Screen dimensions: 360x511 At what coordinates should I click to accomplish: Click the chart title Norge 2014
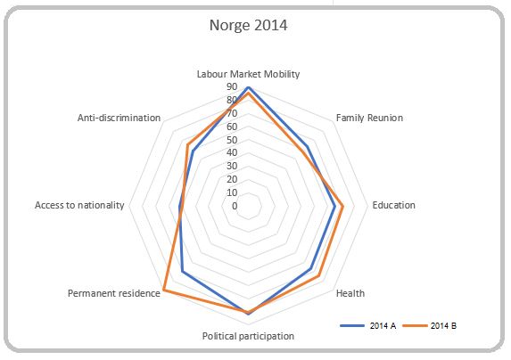pos(248,25)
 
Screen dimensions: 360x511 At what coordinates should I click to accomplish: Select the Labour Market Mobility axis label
pos(248,73)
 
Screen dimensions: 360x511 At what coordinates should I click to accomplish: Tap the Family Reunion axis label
pos(369,118)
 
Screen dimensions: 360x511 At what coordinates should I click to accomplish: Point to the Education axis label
pos(393,205)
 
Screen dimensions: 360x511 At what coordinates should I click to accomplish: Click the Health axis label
pos(350,293)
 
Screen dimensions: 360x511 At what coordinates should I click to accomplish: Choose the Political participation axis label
pos(248,336)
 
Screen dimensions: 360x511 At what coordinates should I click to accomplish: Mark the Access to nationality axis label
pos(78,205)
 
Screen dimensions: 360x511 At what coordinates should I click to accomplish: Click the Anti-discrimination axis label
pos(119,118)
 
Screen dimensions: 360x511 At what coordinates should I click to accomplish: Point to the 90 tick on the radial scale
pos(232,87)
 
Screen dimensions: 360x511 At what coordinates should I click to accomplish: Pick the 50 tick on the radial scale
pos(232,140)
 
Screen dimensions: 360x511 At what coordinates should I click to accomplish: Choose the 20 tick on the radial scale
pos(232,179)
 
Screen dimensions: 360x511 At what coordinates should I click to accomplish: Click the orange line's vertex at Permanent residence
pos(164,290)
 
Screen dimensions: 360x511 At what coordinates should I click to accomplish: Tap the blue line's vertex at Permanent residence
pos(183,271)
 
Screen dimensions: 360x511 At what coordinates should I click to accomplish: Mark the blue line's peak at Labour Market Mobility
pos(248,87)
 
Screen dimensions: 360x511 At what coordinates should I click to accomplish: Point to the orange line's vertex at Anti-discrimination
pos(187,145)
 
